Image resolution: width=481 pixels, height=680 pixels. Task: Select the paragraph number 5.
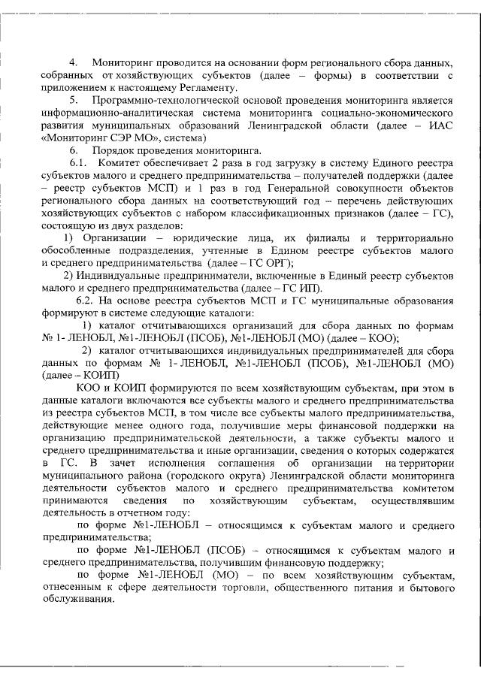(x=74, y=100)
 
